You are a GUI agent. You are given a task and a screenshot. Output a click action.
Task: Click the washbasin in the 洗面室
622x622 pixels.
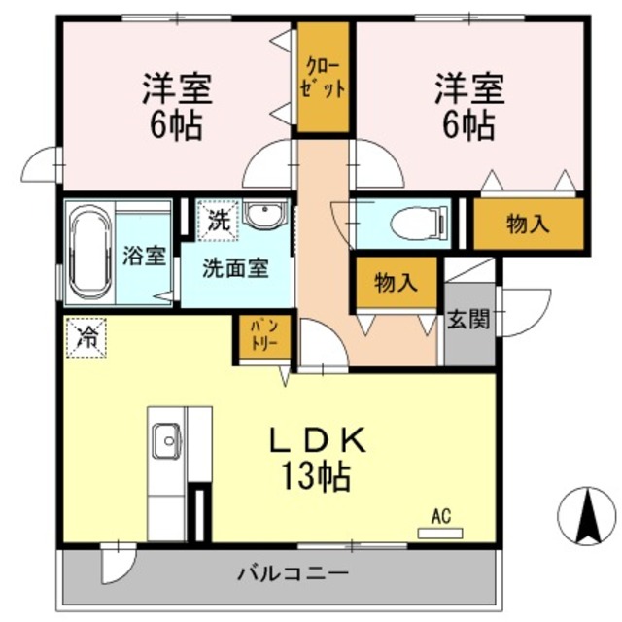(261, 215)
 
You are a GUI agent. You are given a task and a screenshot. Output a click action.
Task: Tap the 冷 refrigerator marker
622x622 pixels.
(87, 337)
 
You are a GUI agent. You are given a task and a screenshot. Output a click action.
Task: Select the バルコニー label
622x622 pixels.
(293, 573)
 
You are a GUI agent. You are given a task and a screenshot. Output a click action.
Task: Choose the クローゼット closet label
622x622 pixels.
(322, 77)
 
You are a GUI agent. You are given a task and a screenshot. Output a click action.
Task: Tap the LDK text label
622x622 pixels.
(317, 442)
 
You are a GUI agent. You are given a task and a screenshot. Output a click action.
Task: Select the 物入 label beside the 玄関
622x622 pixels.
(396, 283)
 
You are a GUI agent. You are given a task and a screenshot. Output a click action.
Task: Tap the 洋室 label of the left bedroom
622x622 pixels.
(177, 89)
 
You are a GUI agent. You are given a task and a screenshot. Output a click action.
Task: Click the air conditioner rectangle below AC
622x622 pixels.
(439, 532)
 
